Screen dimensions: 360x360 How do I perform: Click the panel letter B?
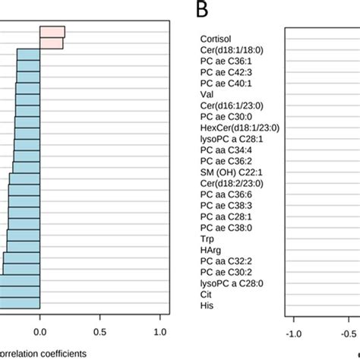coord(201,10)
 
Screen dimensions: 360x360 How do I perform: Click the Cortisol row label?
coord(216,38)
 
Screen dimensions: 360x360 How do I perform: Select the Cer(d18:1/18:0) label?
coord(232,49)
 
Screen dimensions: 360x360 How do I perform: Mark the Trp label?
coord(207,238)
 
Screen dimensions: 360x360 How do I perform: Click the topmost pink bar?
coord(52,32)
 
